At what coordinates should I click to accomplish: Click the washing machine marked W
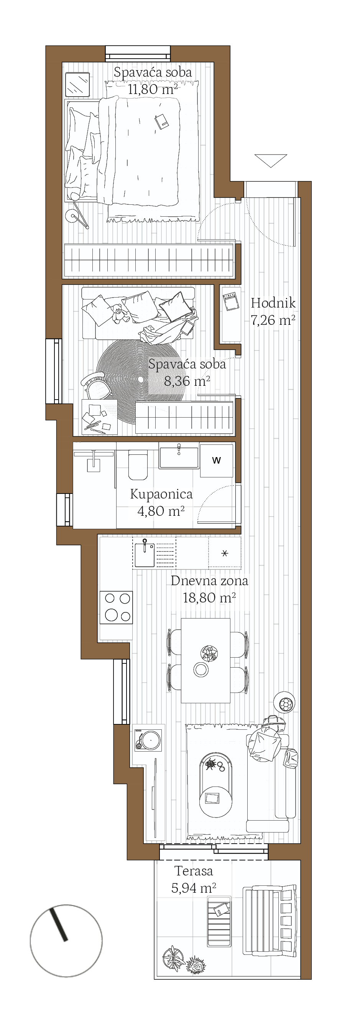(216, 461)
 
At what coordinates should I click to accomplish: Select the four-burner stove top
(117, 607)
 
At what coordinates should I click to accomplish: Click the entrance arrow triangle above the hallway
(271, 161)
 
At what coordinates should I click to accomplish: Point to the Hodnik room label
(273, 303)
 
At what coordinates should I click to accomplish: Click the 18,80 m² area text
(209, 598)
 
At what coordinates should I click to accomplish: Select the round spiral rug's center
(141, 380)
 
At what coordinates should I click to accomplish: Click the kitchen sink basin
(145, 554)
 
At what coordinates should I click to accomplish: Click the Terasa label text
(194, 871)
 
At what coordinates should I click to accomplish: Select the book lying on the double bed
(161, 121)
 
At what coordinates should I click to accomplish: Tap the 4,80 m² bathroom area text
(161, 511)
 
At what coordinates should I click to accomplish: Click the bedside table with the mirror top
(77, 85)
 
